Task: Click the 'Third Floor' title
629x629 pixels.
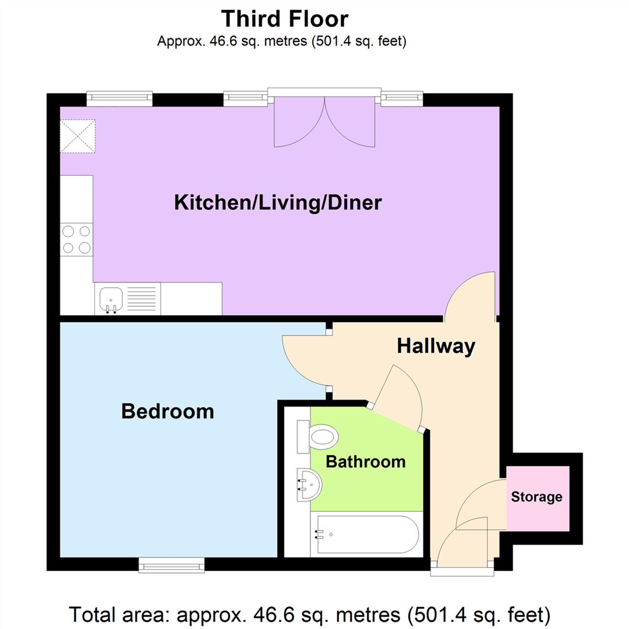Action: click(285, 19)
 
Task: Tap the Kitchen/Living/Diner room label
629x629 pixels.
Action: click(278, 203)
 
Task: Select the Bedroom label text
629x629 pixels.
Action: click(167, 412)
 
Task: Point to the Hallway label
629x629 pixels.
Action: click(436, 346)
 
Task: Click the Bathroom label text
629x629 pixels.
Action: click(365, 462)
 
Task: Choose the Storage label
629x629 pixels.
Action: click(536, 497)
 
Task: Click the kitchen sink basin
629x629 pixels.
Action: click(111, 299)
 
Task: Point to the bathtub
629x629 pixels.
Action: click(366, 534)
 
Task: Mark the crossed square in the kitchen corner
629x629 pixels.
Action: click(77, 136)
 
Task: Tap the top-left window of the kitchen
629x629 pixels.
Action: click(119, 99)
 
